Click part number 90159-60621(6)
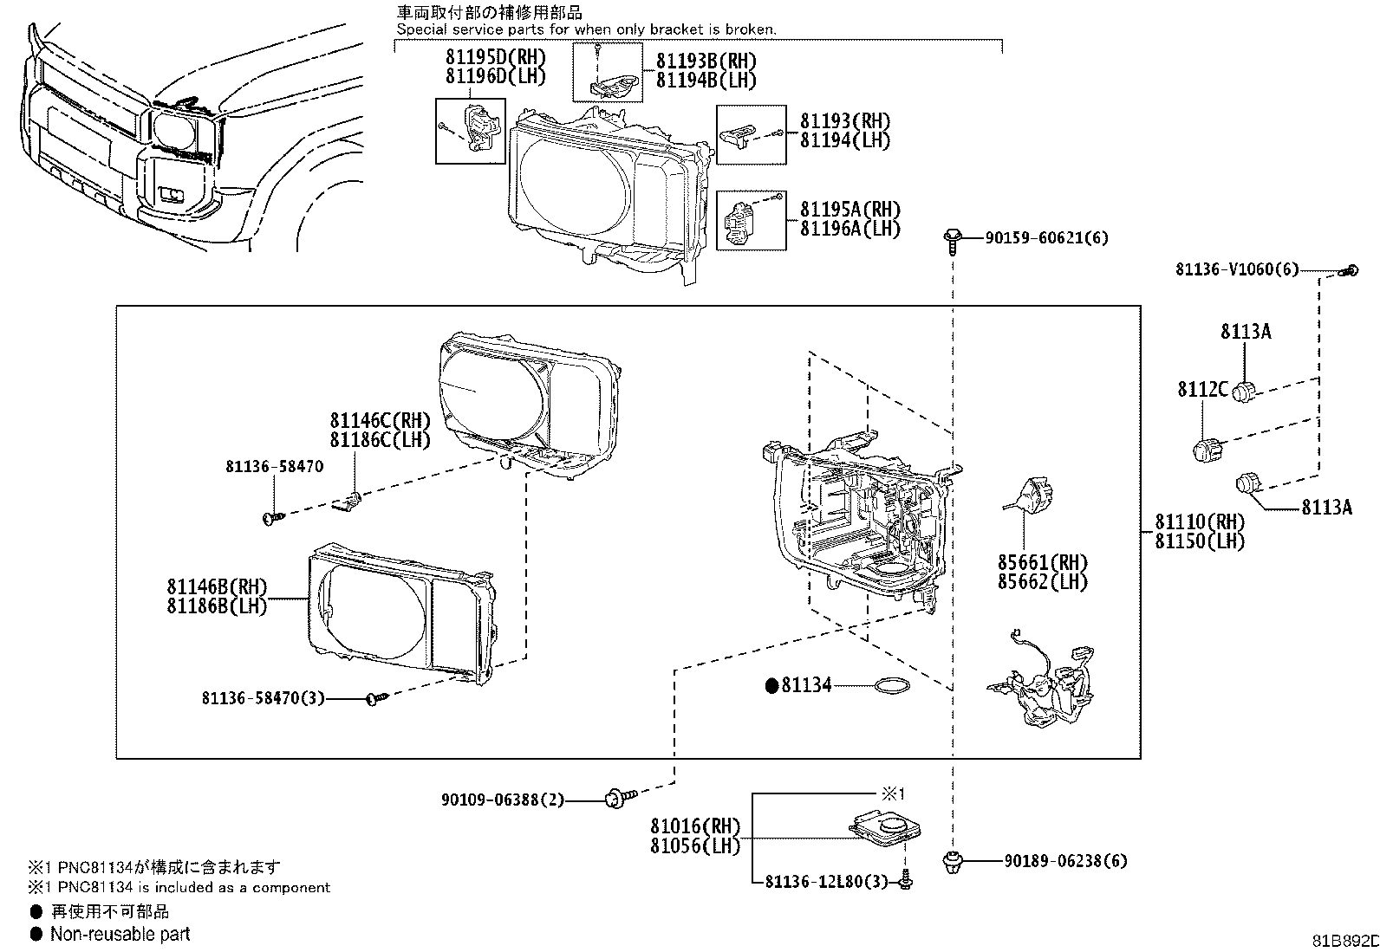point(1046,238)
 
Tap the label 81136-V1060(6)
point(1237,269)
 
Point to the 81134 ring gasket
point(893,686)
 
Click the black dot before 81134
point(771,686)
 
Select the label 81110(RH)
point(1199,522)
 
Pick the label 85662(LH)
point(1042,582)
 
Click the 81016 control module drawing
point(884,827)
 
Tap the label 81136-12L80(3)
point(827,882)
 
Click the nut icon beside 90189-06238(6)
point(952,861)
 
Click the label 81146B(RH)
point(218,586)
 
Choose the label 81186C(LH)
point(380,439)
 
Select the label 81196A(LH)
point(849,229)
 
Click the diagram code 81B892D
point(1344,942)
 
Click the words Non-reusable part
point(120,934)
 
